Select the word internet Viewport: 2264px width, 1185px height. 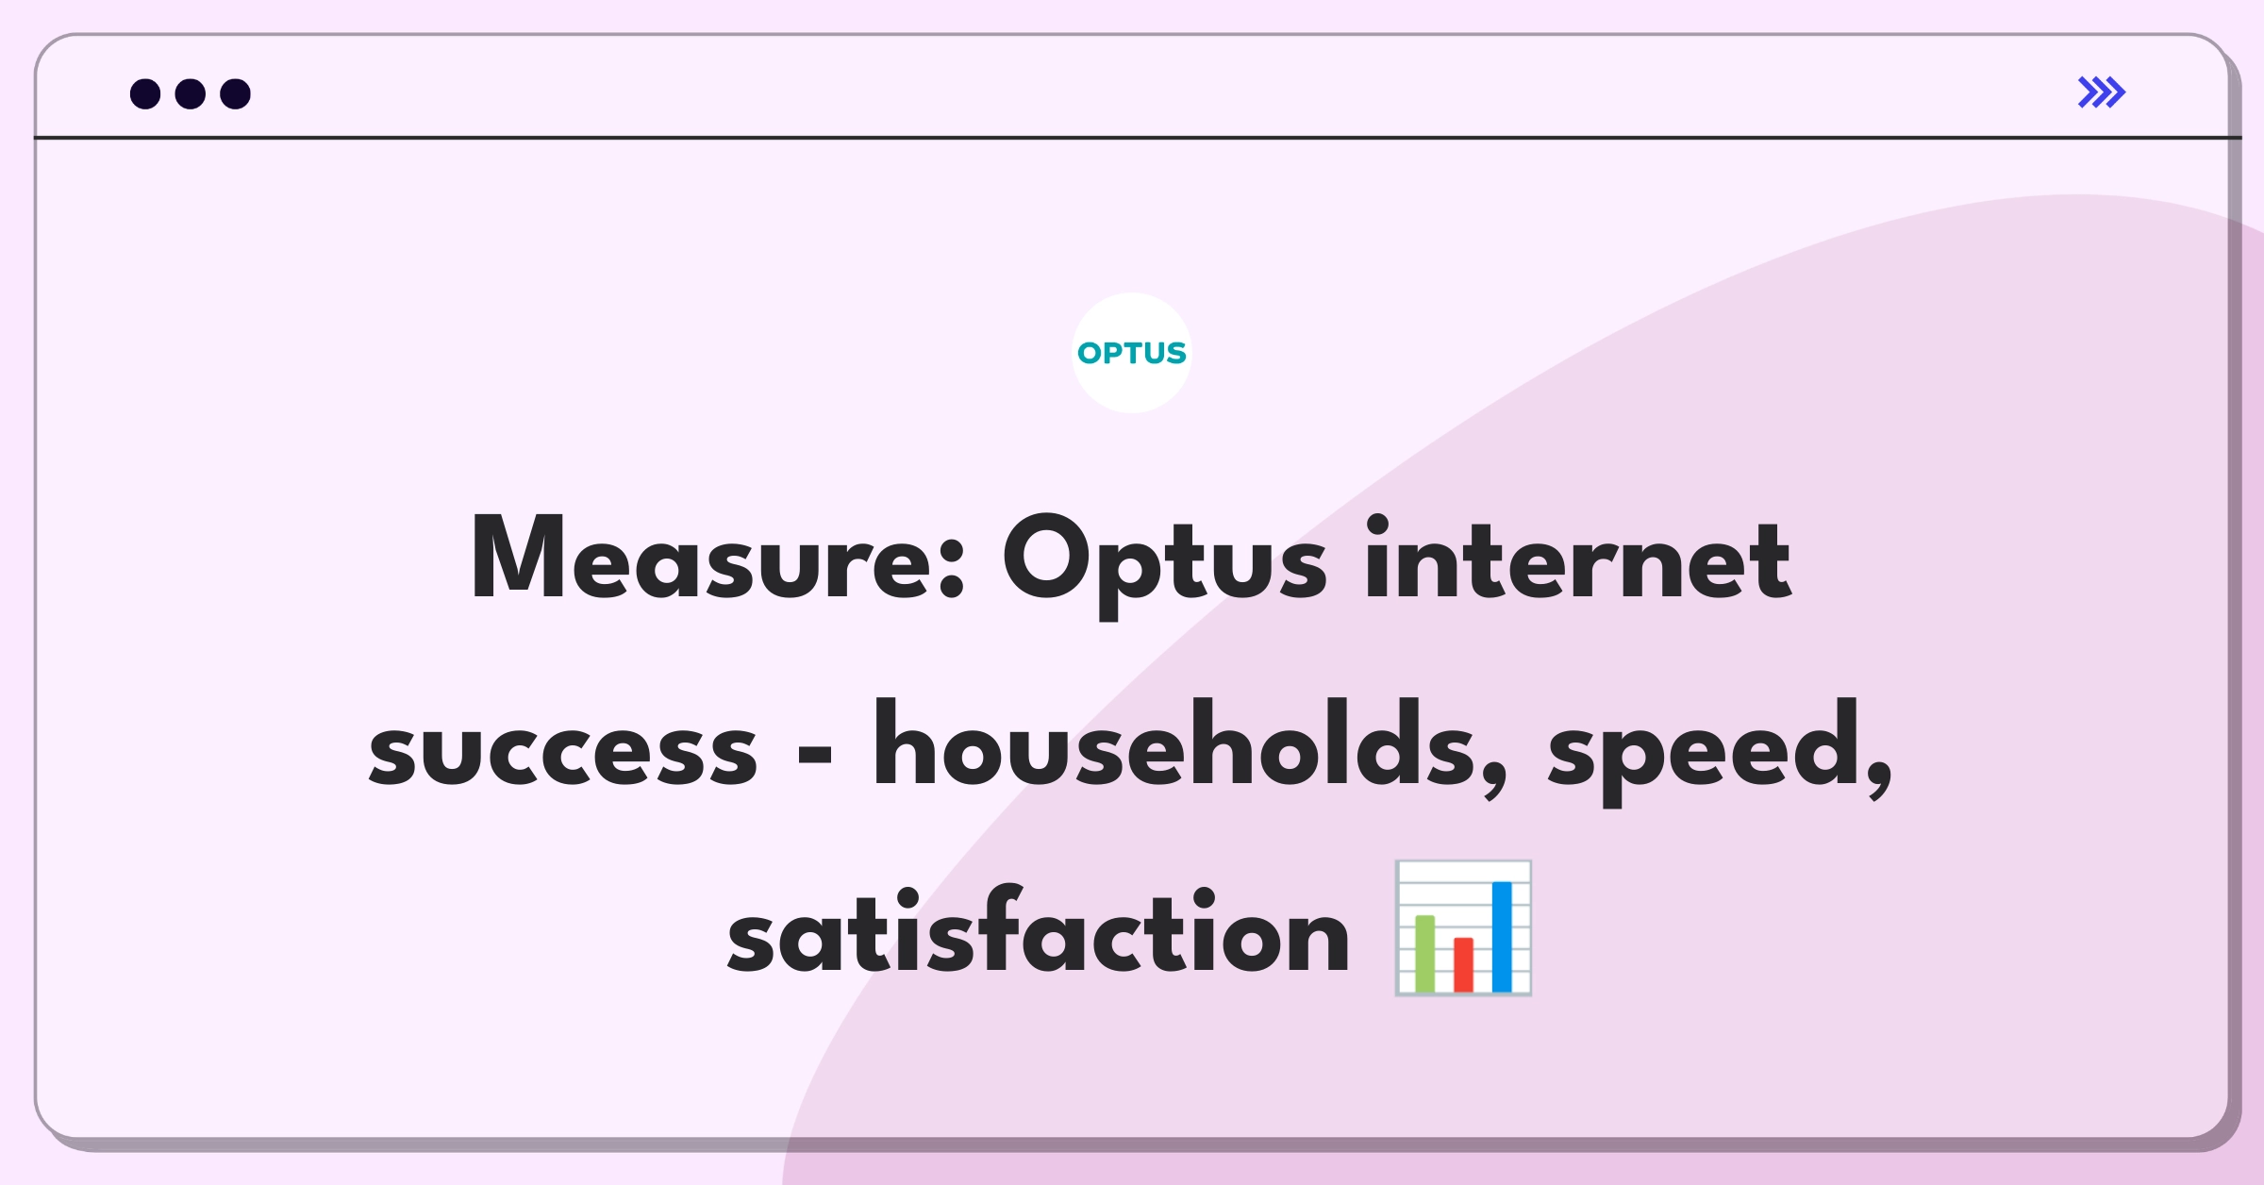click(x=1577, y=560)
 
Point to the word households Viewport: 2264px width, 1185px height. click(x=1174, y=745)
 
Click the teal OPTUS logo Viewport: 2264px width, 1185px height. click(x=1131, y=353)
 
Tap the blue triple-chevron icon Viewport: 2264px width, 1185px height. click(x=2101, y=92)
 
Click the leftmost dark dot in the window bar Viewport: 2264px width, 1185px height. click(x=145, y=94)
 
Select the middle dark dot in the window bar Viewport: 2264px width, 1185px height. click(x=191, y=94)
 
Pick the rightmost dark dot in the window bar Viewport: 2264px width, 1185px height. click(x=236, y=94)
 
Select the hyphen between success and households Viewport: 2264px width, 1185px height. click(x=815, y=755)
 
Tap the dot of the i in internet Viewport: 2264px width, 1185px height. click(x=1377, y=526)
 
